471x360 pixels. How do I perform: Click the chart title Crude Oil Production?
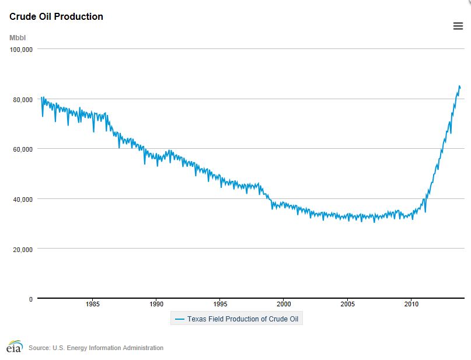point(56,17)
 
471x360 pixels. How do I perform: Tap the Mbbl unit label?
point(18,38)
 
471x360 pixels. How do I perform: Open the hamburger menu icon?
point(458,26)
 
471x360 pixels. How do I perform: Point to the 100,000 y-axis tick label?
point(20,50)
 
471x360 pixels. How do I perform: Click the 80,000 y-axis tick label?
point(22,100)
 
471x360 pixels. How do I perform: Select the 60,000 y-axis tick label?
point(22,149)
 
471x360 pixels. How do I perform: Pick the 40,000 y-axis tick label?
point(22,199)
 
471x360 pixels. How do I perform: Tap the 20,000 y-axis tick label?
point(22,249)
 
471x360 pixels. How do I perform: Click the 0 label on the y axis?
point(30,299)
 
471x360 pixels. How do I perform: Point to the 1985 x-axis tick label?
point(92,304)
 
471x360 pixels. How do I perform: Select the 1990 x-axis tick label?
point(156,304)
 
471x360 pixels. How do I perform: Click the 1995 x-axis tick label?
point(220,304)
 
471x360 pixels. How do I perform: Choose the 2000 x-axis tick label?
point(284,304)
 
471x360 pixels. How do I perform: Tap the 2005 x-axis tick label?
point(347,304)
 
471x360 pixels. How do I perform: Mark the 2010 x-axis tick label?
point(411,304)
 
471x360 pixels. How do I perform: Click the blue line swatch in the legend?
point(179,319)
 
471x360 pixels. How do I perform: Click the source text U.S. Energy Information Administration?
point(96,348)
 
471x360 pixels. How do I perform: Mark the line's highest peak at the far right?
point(459,86)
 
